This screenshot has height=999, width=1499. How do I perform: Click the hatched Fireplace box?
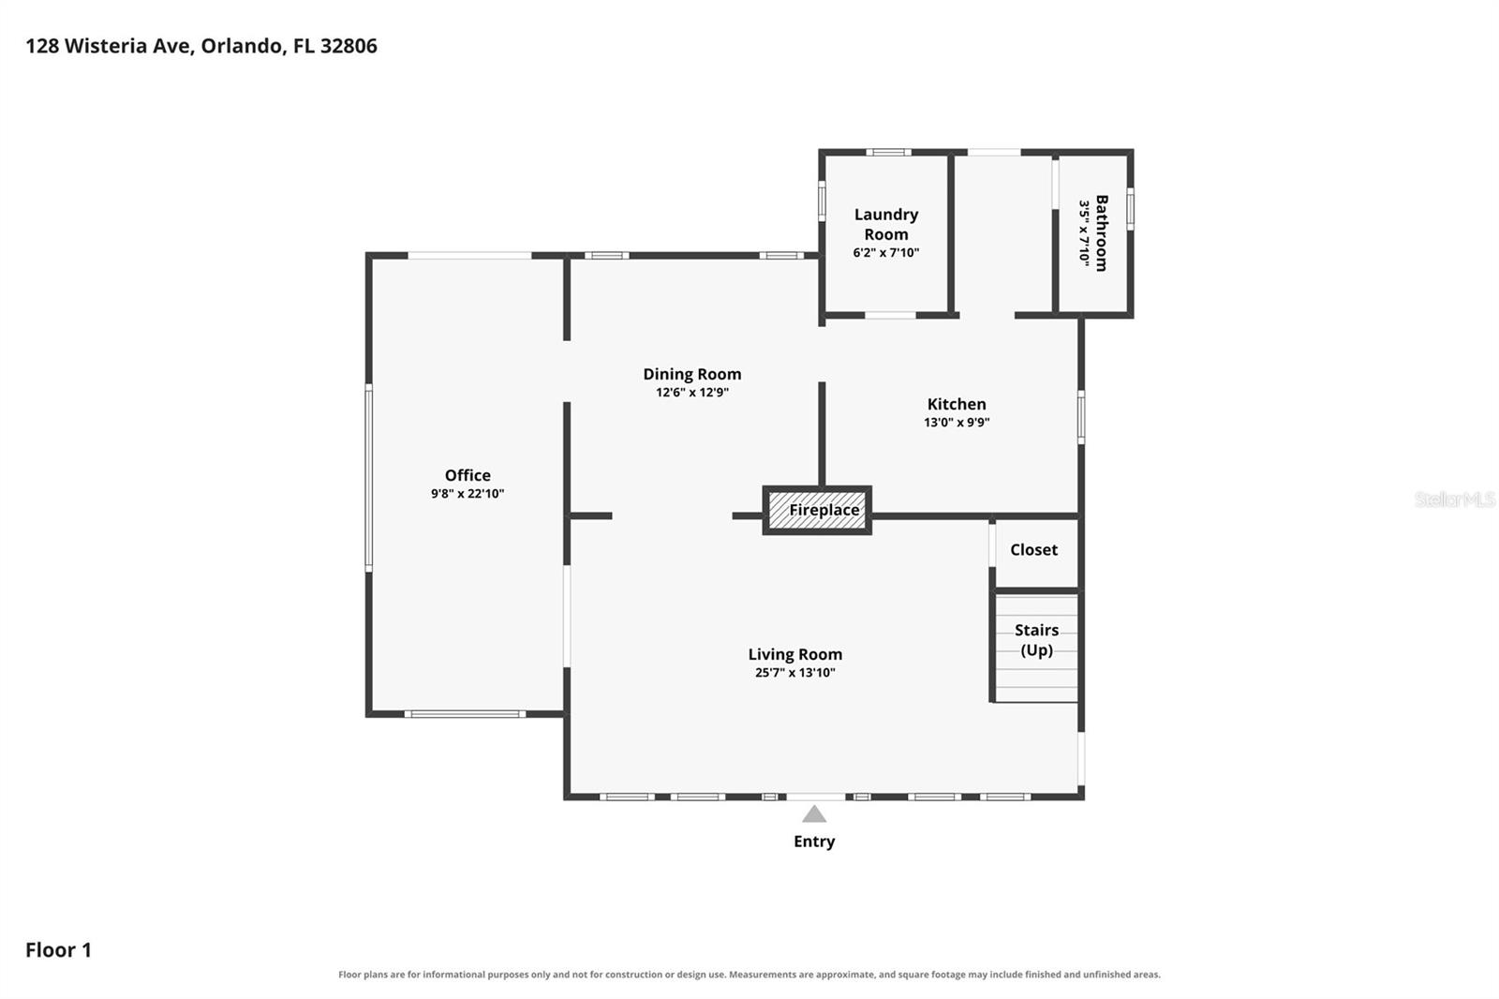point(817,510)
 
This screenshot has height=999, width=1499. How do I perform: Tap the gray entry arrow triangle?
point(814,814)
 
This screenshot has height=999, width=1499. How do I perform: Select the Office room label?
point(468,475)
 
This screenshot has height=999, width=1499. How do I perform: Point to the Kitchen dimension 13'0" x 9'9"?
point(957,423)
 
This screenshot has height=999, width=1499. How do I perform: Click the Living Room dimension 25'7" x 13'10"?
point(795,673)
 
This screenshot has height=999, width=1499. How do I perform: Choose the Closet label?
point(1034,550)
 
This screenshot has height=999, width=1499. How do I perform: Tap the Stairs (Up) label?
point(1036,640)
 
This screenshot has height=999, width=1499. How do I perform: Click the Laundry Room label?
point(886,224)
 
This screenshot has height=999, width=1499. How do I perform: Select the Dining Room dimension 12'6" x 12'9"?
point(692,393)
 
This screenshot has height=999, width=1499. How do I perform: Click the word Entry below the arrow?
point(814,842)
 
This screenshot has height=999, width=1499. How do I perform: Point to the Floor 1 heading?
point(58,950)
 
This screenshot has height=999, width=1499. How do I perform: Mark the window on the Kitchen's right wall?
point(1081,417)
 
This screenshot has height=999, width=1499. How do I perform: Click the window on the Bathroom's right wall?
point(1130,209)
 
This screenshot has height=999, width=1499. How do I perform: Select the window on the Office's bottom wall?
point(465,714)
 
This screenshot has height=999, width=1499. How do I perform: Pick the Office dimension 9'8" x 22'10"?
point(468,494)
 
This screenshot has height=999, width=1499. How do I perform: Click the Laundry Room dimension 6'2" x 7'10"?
point(886,253)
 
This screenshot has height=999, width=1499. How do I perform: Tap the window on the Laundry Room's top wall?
point(889,153)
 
